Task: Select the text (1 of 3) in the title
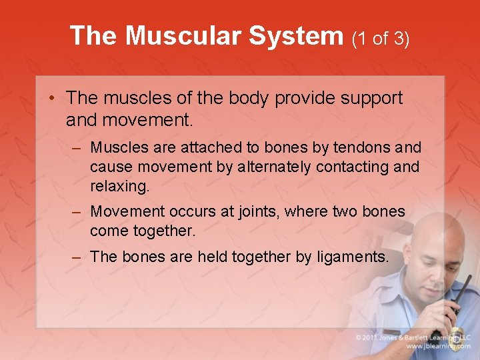(381, 38)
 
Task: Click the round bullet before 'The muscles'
(52, 99)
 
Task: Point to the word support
(371, 99)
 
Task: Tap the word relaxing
(120, 187)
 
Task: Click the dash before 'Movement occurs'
(78, 212)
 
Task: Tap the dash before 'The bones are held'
(78, 257)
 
